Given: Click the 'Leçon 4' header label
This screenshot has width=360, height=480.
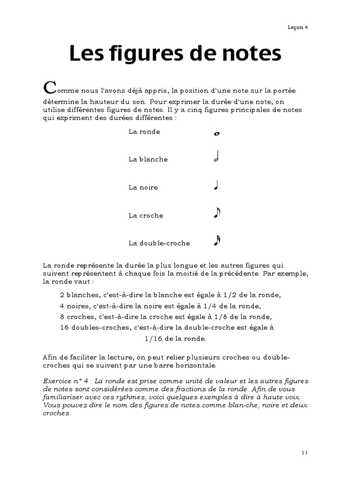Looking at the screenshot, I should pyautogui.click(x=297, y=27).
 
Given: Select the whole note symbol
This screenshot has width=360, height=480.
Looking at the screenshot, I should pyautogui.click(x=217, y=134).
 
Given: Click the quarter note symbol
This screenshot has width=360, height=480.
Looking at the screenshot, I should pyautogui.click(x=216, y=186).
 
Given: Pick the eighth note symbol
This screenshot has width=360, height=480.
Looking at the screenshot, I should pyautogui.click(x=217, y=213).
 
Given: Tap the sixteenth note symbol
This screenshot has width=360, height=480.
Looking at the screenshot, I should pyautogui.click(x=217, y=241).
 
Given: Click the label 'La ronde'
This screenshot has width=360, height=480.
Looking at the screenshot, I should pyautogui.click(x=144, y=132).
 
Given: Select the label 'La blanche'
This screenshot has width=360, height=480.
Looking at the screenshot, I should pyautogui.click(x=148, y=159).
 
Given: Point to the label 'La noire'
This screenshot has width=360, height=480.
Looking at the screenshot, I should pyautogui.click(x=143, y=187).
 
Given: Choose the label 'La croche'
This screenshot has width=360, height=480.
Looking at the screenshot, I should pyautogui.click(x=146, y=216).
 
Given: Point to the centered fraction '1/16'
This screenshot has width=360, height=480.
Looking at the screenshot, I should pyautogui.click(x=153, y=338).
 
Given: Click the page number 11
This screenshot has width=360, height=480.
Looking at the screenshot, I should pyautogui.click(x=305, y=452).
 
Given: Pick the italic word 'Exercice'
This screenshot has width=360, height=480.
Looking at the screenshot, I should pyautogui.click(x=56, y=381).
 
